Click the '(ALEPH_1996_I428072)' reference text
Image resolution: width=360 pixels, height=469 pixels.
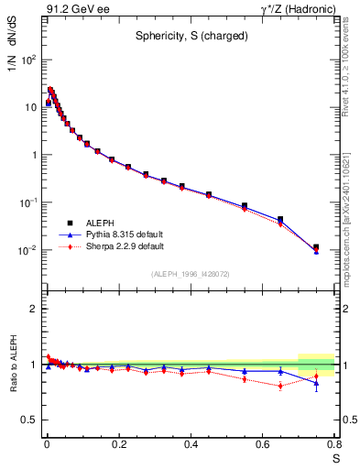pos(190,274)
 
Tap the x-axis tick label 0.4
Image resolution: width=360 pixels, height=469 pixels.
pos(191,446)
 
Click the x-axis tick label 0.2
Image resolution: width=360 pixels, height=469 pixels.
pos(118,446)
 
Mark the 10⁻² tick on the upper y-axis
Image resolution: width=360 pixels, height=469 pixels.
pos(29,250)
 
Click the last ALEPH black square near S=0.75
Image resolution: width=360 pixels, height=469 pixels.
pos(316,247)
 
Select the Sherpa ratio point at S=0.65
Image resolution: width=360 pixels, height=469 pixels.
pos(280,386)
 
